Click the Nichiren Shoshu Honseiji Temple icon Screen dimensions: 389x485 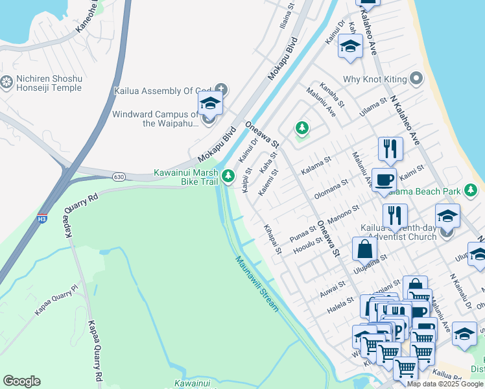tap(7, 82)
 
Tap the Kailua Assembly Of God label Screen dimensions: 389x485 tap(163, 91)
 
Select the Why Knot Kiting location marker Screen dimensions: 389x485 tap(416, 79)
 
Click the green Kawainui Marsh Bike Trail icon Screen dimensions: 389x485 tap(228, 176)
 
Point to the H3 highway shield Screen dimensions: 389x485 tap(42, 218)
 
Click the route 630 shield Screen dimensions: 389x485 tap(118, 176)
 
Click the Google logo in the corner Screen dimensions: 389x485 tap(21, 381)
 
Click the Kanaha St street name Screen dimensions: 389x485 tap(329, 95)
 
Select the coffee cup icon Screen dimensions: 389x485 tap(384, 180)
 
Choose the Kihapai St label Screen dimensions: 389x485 tap(273, 239)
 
